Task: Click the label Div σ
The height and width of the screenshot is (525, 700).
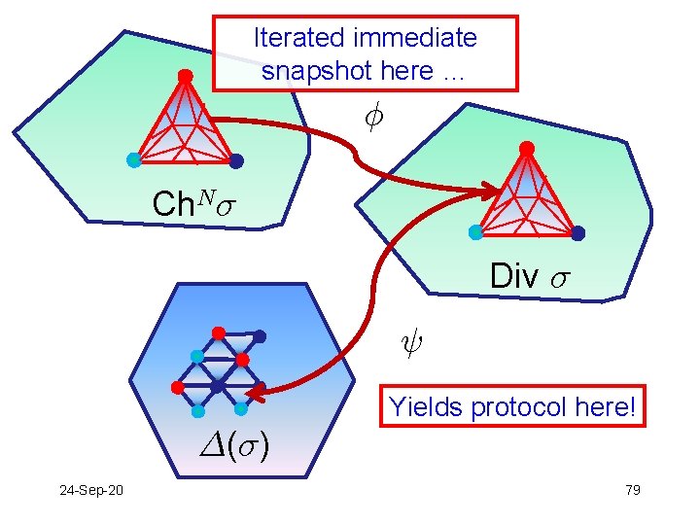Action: click(529, 276)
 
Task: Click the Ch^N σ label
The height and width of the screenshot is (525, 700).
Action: click(194, 205)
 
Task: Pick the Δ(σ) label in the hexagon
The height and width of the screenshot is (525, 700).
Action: click(234, 444)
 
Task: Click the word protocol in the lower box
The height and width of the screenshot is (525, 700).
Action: click(526, 407)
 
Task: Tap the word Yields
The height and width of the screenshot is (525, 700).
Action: click(426, 407)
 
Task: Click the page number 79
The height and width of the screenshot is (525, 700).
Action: click(632, 489)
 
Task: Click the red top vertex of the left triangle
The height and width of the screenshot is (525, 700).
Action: click(186, 76)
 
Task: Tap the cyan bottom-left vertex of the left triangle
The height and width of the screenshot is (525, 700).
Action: click(133, 158)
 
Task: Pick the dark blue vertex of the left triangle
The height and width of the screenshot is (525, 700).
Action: click(236, 160)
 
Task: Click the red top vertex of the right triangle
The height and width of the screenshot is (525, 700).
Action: click(526, 148)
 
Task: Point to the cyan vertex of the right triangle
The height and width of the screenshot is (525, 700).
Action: click(475, 232)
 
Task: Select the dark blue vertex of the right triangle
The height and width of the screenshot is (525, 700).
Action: click(578, 233)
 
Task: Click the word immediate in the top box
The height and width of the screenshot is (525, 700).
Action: click(416, 39)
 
